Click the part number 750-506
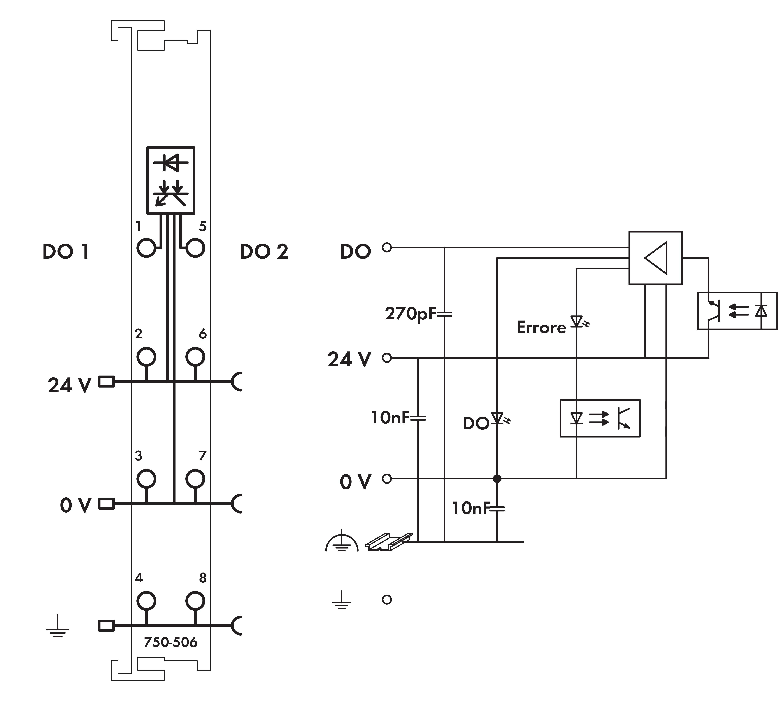point(170,642)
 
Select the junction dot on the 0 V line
point(497,479)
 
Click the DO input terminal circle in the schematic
point(387,247)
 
